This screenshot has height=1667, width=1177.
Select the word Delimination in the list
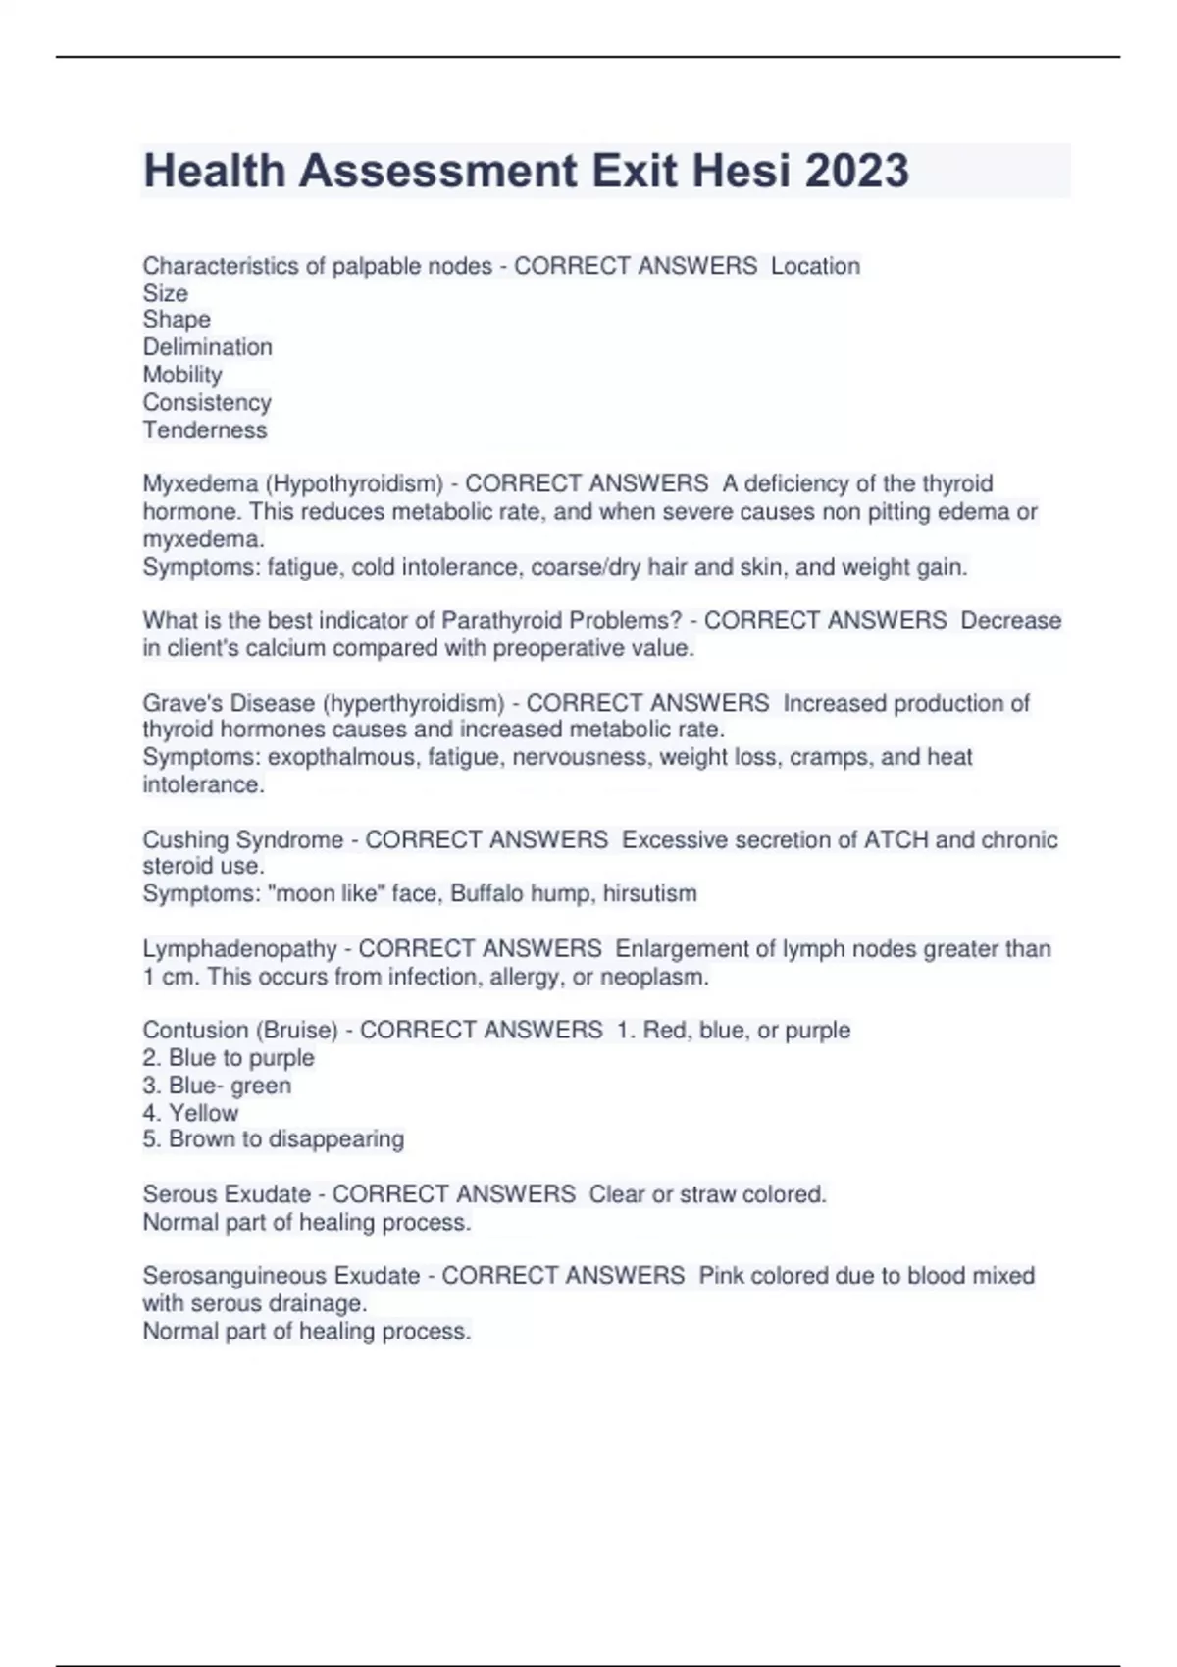tap(207, 347)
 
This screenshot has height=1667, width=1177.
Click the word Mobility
tap(182, 375)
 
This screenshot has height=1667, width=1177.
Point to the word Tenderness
tap(204, 429)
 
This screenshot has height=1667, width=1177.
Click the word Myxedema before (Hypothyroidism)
tap(200, 483)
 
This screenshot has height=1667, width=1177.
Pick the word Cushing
tap(185, 839)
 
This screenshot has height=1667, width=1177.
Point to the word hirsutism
tap(649, 893)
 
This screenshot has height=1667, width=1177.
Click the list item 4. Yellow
tap(190, 1113)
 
